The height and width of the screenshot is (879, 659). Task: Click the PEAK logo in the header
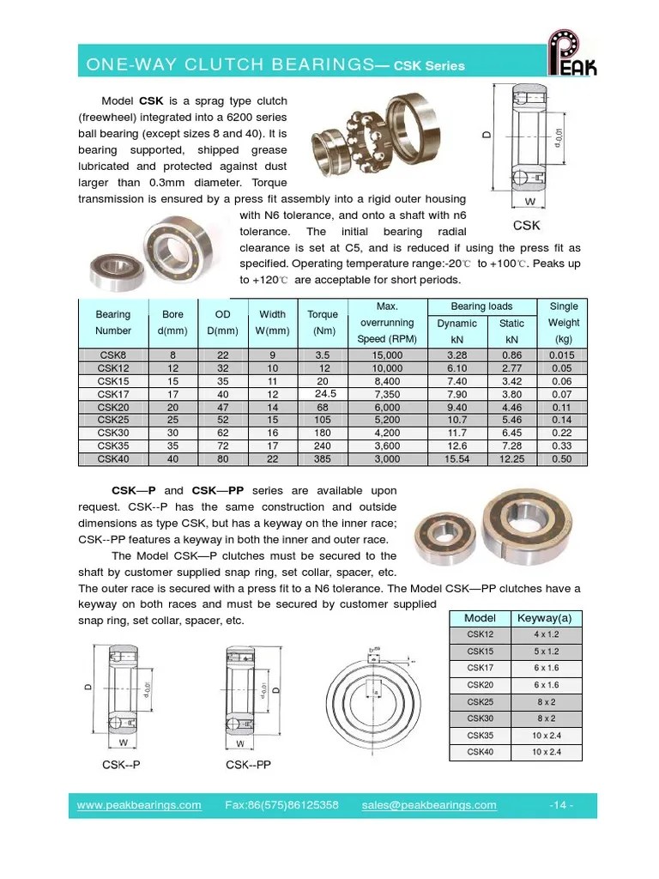coord(573,53)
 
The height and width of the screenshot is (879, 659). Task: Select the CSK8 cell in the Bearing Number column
coord(112,355)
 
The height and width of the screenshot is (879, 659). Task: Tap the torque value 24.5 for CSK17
coord(323,393)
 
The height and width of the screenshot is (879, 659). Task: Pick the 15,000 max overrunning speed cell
coord(387,355)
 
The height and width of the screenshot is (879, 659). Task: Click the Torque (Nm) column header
coord(323,323)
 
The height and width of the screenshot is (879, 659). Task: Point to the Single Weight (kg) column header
coord(563,323)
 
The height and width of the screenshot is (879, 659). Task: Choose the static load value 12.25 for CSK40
coord(512,458)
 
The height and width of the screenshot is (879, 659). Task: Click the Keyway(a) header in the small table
coord(546,618)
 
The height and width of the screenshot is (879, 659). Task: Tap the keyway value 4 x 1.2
coord(546,635)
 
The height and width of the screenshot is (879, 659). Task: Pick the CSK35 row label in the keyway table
coord(480,736)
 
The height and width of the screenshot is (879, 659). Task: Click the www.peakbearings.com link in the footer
coord(139,805)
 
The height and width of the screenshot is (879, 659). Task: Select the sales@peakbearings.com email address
coord(429,805)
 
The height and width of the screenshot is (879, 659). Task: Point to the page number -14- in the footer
coord(559,805)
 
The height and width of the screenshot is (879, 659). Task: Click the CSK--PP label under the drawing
coord(248,764)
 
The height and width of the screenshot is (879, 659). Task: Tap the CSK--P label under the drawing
coord(121,764)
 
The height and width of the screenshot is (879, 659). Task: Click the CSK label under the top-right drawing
coord(526,226)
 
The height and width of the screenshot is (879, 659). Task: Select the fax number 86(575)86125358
coord(282,805)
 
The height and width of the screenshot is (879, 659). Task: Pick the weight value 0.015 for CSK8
coord(563,355)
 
